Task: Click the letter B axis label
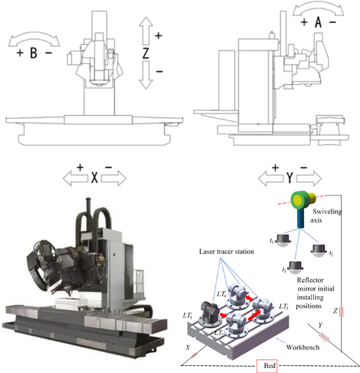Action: tap(33, 53)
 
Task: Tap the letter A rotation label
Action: tap(318, 22)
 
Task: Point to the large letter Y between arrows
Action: tap(290, 178)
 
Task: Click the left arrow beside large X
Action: tap(74, 178)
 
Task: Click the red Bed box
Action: tap(267, 366)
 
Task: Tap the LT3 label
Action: tap(283, 306)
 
